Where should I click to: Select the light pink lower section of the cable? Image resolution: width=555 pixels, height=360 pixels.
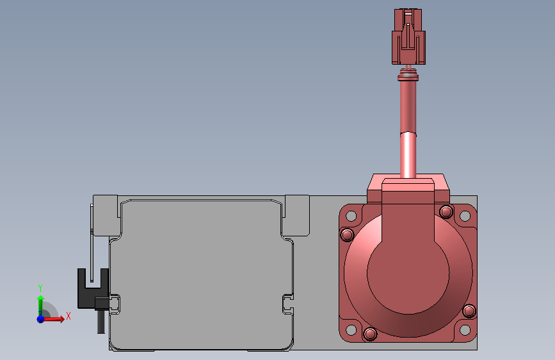(x=408, y=154)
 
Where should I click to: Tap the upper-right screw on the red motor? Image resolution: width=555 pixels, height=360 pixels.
(x=446, y=211)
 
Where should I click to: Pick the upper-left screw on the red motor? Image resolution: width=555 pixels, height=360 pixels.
(x=347, y=235)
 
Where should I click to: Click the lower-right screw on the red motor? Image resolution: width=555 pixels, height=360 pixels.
(x=469, y=311)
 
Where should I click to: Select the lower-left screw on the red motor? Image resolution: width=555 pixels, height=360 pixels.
(x=369, y=334)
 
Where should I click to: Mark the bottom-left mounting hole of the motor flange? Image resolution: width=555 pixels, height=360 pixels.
(x=350, y=330)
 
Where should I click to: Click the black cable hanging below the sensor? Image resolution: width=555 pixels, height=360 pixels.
(x=101, y=320)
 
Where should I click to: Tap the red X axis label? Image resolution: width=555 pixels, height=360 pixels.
(x=68, y=315)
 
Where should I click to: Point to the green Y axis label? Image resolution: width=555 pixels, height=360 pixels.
(x=40, y=288)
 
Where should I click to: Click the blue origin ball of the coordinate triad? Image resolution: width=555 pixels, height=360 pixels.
(x=40, y=318)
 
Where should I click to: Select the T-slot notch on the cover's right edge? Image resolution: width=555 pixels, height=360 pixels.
(x=288, y=304)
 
